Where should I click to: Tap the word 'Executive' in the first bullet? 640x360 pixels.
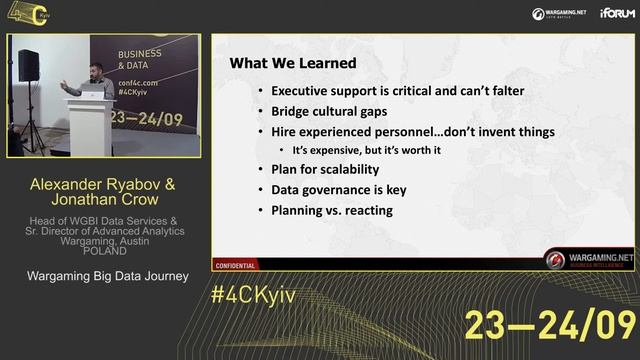304,91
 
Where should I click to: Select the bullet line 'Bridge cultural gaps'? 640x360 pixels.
329,111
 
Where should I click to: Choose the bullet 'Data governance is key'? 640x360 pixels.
338,189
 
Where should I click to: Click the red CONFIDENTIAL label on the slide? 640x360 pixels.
235,265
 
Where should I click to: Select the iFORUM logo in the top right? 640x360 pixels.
616,13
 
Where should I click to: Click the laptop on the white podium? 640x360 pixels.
96,93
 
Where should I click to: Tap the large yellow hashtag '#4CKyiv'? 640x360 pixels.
253,298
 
